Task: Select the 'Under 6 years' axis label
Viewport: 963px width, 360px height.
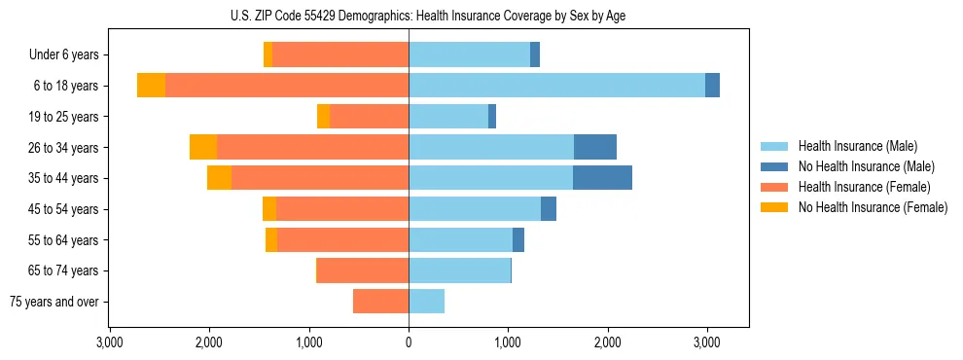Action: (63, 55)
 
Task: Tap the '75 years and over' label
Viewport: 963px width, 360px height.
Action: (54, 302)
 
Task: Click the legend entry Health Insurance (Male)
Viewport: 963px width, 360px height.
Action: (857, 146)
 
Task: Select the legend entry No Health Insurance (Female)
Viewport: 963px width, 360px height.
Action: (873, 207)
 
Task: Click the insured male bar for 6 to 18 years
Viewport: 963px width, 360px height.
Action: (556, 86)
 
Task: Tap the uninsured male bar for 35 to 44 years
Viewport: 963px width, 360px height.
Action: (602, 178)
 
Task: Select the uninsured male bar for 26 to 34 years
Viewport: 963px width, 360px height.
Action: (595, 147)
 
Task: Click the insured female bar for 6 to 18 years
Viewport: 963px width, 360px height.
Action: (287, 86)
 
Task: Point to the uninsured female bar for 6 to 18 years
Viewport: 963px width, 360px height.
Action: (151, 86)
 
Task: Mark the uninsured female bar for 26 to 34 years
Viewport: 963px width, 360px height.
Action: (203, 147)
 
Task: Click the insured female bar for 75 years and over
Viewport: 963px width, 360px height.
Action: (380, 302)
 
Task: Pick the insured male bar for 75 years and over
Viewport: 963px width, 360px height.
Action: (426, 302)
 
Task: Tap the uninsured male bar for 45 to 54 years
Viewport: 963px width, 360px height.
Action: (549, 209)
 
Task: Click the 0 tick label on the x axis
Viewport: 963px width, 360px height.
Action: (409, 343)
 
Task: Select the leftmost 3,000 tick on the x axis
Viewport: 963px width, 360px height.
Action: (110, 343)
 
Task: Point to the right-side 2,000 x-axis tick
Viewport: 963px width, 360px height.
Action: (607, 343)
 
